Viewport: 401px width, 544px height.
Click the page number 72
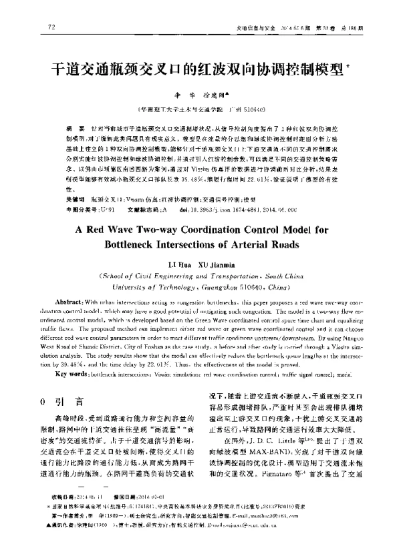click(x=51, y=27)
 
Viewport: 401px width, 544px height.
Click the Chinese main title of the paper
click(x=198, y=69)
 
